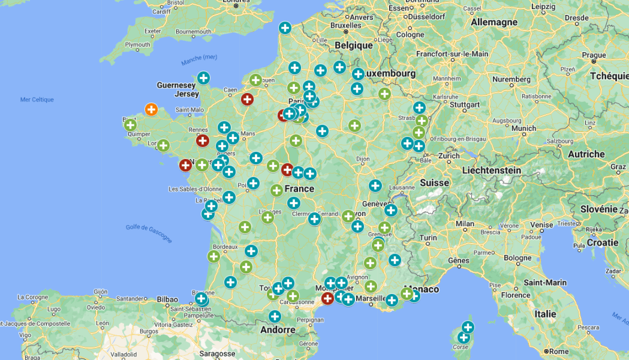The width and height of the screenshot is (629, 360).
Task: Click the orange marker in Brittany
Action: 151,109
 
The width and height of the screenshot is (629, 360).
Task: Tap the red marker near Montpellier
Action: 327,298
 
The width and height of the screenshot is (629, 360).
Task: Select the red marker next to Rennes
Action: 203,141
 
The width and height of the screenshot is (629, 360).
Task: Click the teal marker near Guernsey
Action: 204,77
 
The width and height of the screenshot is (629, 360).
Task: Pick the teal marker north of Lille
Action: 285,28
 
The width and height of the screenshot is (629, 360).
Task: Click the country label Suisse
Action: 434,182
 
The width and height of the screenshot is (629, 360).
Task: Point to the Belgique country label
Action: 354,45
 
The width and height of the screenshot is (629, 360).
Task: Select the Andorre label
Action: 278,329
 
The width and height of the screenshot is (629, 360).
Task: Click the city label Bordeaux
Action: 225,247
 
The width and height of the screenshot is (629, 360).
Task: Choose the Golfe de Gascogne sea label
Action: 149,233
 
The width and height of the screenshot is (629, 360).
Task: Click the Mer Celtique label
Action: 37,100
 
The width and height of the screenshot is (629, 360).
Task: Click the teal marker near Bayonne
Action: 201,298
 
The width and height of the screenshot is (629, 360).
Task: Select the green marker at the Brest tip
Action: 130,125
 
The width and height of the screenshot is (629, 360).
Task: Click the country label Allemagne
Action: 494,22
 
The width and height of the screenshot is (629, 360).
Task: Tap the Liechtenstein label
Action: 491,170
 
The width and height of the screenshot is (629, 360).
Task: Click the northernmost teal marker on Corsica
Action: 468,327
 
